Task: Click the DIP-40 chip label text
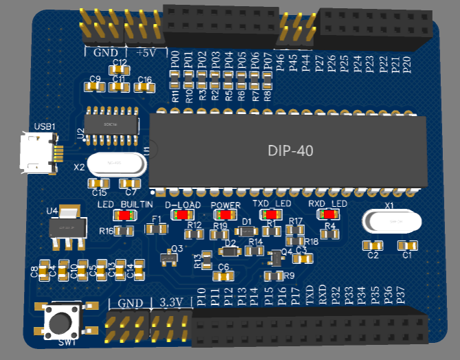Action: point(289,150)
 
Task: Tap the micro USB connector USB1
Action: point(38,153)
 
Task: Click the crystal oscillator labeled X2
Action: point(116,163)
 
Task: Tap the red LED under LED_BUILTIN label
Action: point(124,215)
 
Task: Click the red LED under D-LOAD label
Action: point(182,215)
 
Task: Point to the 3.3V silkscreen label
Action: point(170,302)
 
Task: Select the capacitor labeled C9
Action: point(95,87)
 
